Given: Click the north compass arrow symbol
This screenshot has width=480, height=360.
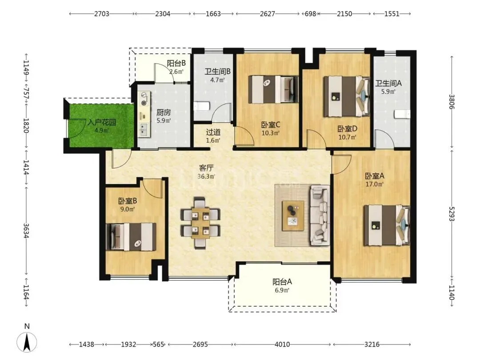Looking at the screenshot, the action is click(27, 342).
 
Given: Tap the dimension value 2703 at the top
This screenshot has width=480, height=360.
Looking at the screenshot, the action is click(102, 14).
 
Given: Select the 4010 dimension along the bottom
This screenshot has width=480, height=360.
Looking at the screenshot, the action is click(282, 344).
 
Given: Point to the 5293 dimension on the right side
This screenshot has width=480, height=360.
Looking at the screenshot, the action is click(452, 214).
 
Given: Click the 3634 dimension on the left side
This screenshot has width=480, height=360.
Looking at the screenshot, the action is click(27, 231).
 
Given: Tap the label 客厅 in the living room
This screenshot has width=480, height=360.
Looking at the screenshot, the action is click(206, 168).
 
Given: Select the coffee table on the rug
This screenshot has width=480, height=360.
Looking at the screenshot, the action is click(293, 216).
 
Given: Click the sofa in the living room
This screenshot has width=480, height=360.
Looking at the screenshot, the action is click(320, 215).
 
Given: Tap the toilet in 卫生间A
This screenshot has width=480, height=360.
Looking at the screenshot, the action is click(402, 114).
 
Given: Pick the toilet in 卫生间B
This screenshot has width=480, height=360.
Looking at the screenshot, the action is click(201, 106).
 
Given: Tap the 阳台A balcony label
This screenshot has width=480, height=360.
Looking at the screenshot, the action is click(282, 282).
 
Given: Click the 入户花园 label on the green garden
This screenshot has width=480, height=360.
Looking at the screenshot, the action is click(102, 123).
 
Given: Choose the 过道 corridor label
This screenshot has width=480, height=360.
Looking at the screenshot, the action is click(213, 132).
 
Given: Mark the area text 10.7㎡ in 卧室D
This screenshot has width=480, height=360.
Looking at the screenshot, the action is click(347, 137).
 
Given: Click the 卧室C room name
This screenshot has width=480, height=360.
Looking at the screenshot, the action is click(271, 125).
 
